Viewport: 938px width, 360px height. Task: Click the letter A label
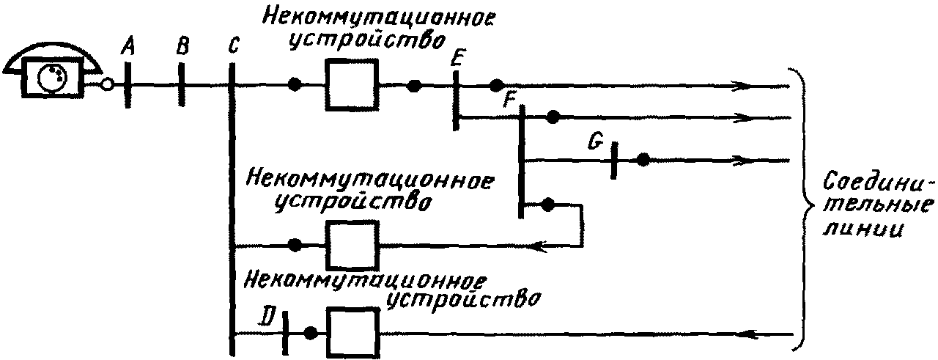click(128, 48)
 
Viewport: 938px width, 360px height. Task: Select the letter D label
click(269, 317)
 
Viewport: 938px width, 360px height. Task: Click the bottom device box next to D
click(352, 332)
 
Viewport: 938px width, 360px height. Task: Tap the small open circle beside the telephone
click(108, 85)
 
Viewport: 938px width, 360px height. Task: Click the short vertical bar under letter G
click(613, 160)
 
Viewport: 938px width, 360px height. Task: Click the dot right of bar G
click(643, 160)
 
